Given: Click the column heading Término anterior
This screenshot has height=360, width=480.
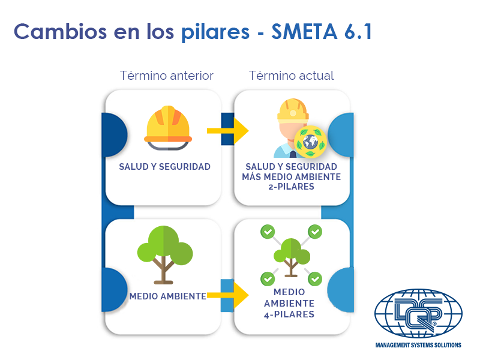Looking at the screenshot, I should tap(166, 76).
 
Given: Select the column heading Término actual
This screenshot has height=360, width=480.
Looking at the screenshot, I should tap(292, 76).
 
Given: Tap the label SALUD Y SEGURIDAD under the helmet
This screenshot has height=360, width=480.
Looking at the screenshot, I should tap(165, 167).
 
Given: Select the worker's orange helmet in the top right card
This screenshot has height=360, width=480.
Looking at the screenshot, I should tap(292, 109).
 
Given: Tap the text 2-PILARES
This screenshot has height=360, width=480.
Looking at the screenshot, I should tap(291, 187).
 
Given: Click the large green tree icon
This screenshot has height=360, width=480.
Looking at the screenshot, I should tap(164, 252).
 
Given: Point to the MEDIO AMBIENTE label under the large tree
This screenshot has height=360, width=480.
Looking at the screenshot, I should tap(167, 296).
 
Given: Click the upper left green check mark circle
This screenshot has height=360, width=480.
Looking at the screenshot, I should tap(268, 231).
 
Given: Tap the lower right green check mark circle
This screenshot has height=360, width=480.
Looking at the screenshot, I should tap(315, 279).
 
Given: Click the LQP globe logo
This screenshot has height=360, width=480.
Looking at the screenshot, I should tap(418, 313).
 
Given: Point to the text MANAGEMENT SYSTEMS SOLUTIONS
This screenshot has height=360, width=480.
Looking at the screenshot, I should tap(418, 346).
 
